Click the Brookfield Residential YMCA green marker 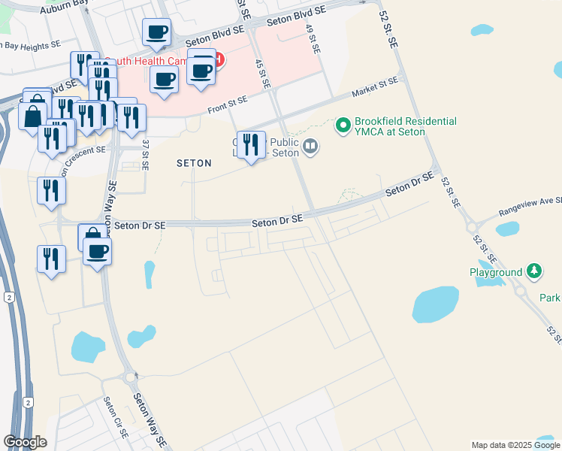tap(343, 125)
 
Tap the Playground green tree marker tap(534, 271)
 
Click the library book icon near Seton tap(310, 145)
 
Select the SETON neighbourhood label tap(194, 162)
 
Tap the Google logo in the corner tap(25, 442)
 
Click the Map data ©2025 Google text tap(516, 445)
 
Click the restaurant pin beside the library tap(251, 144)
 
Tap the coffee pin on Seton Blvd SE tap(157, 32)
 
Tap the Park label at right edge tap(549, 298)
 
